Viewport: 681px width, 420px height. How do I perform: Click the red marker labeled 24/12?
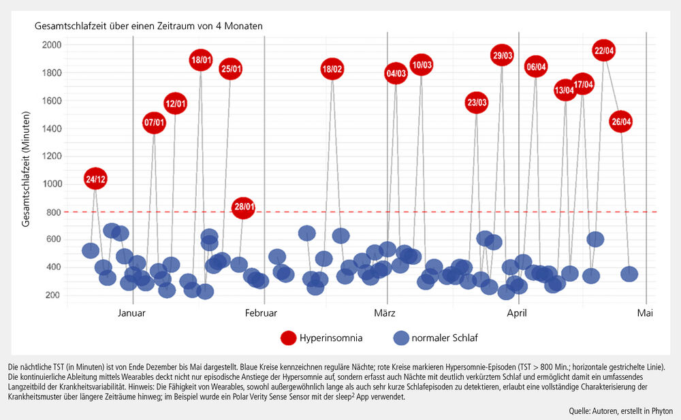point(95,179)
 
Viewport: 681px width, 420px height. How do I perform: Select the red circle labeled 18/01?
point(200,60)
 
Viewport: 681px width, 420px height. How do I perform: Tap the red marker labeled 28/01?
point(243,208)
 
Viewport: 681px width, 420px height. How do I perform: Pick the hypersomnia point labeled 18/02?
point(332,69)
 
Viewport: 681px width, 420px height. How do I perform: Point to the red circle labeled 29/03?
point(502,55)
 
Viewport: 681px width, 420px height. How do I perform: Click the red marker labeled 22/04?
point(604,50)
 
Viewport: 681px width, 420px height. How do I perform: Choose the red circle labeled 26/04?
point(621,123)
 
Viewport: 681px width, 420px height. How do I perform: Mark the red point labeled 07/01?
point(154,123)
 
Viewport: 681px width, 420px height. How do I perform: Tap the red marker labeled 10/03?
point(422,65)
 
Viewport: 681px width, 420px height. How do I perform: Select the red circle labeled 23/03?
point(477,103)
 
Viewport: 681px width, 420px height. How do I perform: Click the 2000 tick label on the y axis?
point(52,45)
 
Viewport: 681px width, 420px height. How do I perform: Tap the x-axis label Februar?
point(261,313)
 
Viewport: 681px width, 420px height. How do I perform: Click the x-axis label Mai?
point(645,313)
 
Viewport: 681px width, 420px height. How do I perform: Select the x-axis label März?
point(386,313)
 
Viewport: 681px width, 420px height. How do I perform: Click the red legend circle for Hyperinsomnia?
point(288,338)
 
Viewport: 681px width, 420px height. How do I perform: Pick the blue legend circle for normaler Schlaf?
point(402,338)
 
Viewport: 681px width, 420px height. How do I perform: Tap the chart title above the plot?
point(149,25)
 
